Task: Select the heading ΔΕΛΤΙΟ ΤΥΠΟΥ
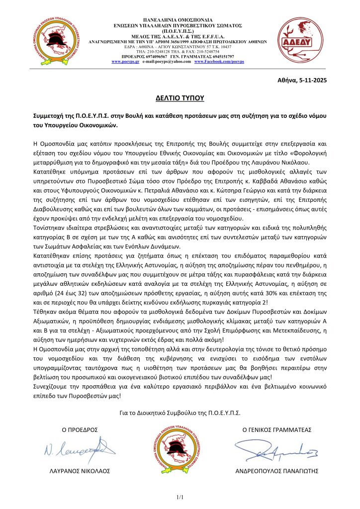pos(180,98)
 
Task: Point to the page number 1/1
pos(180,497)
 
